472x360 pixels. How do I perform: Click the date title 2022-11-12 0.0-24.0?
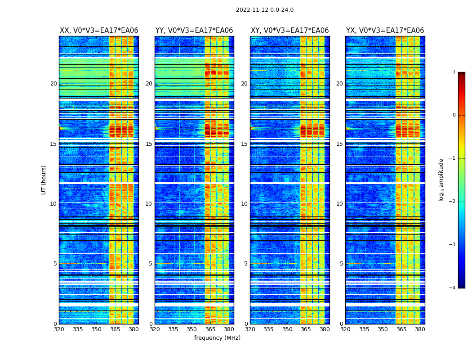click(x=264, y=10)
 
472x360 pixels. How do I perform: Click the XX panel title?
click(x=99, y=31)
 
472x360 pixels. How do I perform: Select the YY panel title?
click(x=194, y=31)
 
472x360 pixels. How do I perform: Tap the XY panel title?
click(x=289, y=31)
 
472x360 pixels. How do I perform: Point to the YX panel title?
click(x=385, y=31)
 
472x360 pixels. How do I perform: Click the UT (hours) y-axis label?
click(x=44, y=180)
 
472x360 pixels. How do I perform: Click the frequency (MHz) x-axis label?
click(x=217, y=338)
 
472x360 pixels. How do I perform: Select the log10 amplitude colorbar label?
click(x=441, y=180)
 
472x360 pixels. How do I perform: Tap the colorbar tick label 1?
click(x=454, y=72)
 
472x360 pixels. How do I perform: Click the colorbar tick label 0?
click(x=454, y=115)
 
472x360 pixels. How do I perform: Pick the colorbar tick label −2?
click(x=453, y=202)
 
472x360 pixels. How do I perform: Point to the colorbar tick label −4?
click(x=453, y=288)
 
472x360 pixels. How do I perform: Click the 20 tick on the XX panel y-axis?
click(x=53, y=84)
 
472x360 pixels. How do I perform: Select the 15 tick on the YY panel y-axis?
click(x=149, y=144)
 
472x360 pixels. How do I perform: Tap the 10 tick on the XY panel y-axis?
click(x=244, y=204)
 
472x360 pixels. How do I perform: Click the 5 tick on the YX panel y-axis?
click(x=341, y=264)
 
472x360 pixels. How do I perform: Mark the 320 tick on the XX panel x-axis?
click(x=59, y=329)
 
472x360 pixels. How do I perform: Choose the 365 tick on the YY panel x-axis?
click(x=210, y=329)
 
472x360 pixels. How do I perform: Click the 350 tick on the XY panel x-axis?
click(x=287, y=329)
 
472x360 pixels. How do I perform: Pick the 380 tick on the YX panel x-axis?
click(x=420, y=329)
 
